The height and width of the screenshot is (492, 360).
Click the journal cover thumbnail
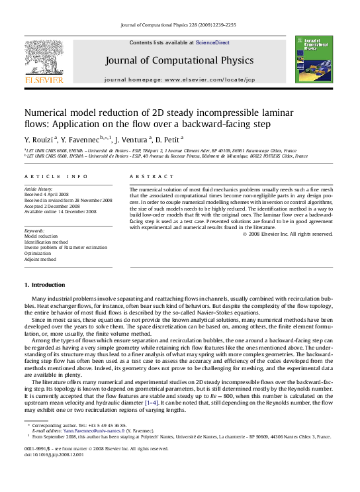coord(308,59)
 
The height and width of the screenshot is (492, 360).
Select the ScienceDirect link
coord(212,42)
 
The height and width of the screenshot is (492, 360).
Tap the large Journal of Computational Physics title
coord(179,60)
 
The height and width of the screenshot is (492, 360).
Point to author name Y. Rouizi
coord(40,139)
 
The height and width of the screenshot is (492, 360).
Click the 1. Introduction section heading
coord(44,284)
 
